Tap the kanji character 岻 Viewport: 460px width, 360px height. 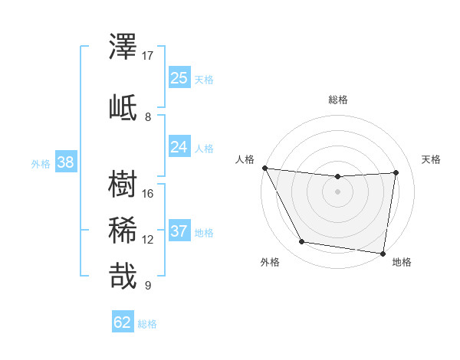[124, 106]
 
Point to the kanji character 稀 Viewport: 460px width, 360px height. [124, 229]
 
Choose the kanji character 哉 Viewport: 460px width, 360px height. [124, 276]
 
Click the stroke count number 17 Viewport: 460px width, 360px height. [148, 56]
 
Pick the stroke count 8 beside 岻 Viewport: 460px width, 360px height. [148, 116]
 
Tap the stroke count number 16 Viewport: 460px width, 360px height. [148, 194]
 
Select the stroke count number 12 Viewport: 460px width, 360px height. [148, 240]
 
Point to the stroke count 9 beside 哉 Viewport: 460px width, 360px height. [148, 286]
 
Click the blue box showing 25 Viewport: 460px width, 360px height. [179, 78]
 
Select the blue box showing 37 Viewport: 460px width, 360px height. [179, 231]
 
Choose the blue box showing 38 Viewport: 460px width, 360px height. [65, 162]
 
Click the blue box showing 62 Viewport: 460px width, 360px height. [123, 322]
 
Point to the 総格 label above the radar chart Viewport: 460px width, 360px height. [338, 100]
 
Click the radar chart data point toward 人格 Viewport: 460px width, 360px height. [264, 168]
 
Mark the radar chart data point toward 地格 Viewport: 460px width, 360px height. [383, 253]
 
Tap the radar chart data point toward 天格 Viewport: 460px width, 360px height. [396, 172]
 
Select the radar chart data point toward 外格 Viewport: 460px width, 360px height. [301, 242]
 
